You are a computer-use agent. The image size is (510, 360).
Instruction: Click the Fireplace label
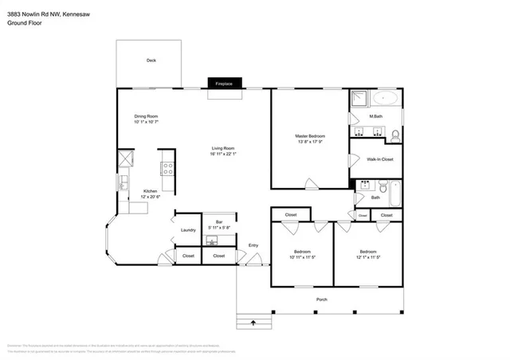pyautogui.click(x=223, y=83)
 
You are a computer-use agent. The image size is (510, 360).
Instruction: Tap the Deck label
pyautogui.click(x=151, y=61)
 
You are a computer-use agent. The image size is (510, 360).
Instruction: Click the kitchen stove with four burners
pyautogui.click(x=167, y=168)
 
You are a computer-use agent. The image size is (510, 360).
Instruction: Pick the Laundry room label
pyautogui.click(x=188, y=230)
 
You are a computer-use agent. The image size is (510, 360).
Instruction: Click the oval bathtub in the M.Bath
pyautogui.click(x=387, y=100)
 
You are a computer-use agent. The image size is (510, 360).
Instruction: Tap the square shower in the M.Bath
pyautogui.click(x=359, y=99)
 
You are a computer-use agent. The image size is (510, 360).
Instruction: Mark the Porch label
pyautogui.click(x=321, y=299)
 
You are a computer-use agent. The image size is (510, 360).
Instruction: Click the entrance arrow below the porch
pyautogui.click(x=254, y=323)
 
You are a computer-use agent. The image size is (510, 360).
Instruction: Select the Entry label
pyautogui.click(x=253, y=245)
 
